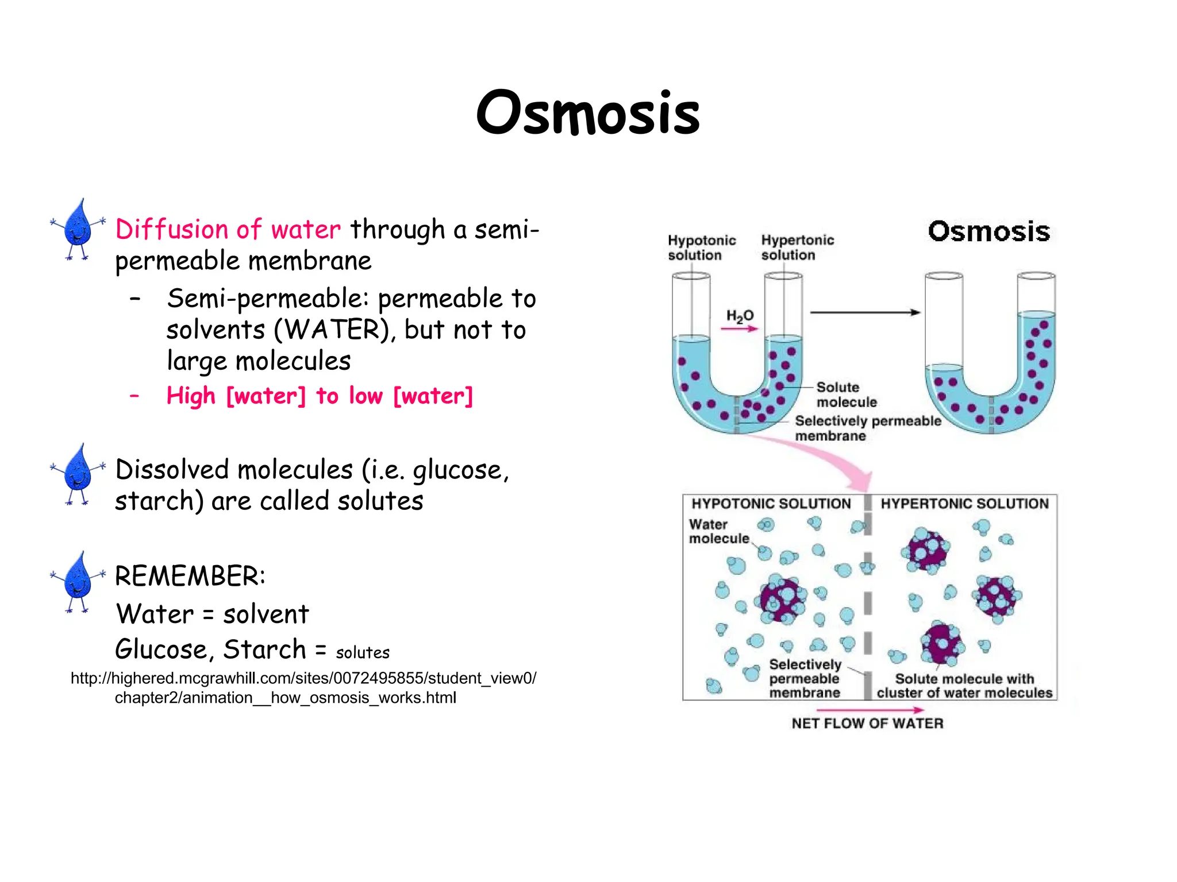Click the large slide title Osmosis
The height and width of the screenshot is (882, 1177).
point(588,113)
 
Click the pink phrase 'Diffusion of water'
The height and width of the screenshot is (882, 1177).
point(228,230)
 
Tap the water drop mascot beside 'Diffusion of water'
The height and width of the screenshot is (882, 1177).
point(78,229)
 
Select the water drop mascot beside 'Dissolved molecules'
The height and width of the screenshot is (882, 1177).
point(78,474)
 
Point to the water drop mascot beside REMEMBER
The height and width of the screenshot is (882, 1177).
point(78,582)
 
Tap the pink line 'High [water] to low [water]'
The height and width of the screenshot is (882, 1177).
point(319,396)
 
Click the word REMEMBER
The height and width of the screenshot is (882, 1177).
point(190,577)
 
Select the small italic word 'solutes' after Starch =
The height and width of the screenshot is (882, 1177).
point(363,653)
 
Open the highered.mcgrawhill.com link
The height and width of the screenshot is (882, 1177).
point(303,688)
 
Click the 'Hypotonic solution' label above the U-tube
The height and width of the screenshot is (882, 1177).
point(702,247)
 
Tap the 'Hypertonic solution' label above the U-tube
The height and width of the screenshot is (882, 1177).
point(797,247)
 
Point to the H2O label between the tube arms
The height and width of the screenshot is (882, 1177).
point(740,316)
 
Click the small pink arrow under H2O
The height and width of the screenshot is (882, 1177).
point(740,329)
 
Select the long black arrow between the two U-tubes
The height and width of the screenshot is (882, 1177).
point(865,312)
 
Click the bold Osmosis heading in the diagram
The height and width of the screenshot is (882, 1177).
point(988,231)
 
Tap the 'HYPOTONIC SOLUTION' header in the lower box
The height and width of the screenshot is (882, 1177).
point(771,504)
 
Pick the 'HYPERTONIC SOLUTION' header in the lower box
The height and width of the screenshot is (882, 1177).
point(964,504)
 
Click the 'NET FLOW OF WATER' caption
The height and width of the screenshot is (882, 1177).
point(867,724)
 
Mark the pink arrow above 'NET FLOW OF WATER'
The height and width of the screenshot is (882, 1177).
point(870,710)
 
